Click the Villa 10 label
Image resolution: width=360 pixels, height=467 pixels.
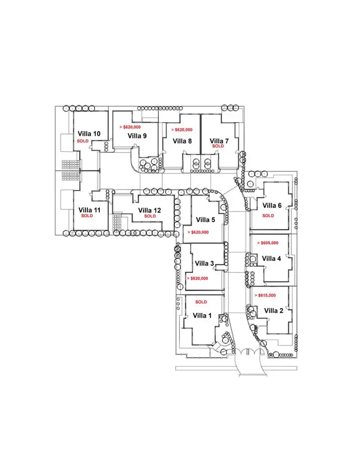coord(89,134)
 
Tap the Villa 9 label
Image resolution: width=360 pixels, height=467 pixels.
coord(137,135)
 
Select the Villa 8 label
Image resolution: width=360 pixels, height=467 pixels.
coord(182,141)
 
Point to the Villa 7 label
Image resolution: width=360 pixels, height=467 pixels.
coord(219,141)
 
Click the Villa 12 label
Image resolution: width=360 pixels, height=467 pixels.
coord(150,210)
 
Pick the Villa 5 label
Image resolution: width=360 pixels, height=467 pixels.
coord(206,220)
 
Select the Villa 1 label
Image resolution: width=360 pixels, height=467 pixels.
coord(202,315)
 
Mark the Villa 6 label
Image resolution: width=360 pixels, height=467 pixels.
coord(272,206)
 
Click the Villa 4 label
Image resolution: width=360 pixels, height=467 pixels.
coord(272,258)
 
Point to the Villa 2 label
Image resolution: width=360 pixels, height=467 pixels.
coord(274,310)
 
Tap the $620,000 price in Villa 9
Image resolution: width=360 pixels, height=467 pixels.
coord(133,127)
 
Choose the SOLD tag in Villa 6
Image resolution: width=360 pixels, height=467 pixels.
coord(268,216)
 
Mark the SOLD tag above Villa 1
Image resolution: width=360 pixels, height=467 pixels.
coord(201,302)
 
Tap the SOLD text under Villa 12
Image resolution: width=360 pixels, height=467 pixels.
coord(150,216)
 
